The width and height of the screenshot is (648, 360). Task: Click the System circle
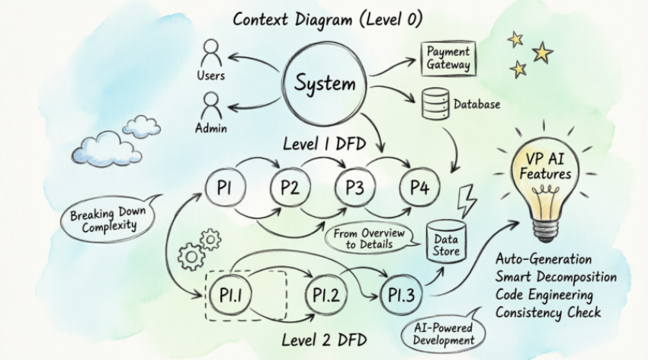coord(325,84)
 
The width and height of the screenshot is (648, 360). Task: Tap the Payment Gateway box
coord(448,58)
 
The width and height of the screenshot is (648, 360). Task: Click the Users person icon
coord(211,55)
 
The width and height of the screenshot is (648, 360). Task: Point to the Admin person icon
coord(211,105)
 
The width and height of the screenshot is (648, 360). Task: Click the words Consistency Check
coord(547,313)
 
